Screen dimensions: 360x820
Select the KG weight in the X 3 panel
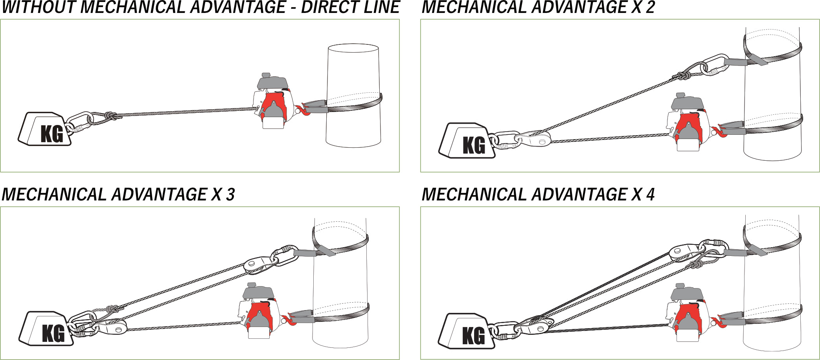48,330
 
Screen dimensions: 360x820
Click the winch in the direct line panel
273,102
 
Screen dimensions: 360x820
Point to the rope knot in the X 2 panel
682,75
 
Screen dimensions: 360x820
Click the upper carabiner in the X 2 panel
715,65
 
